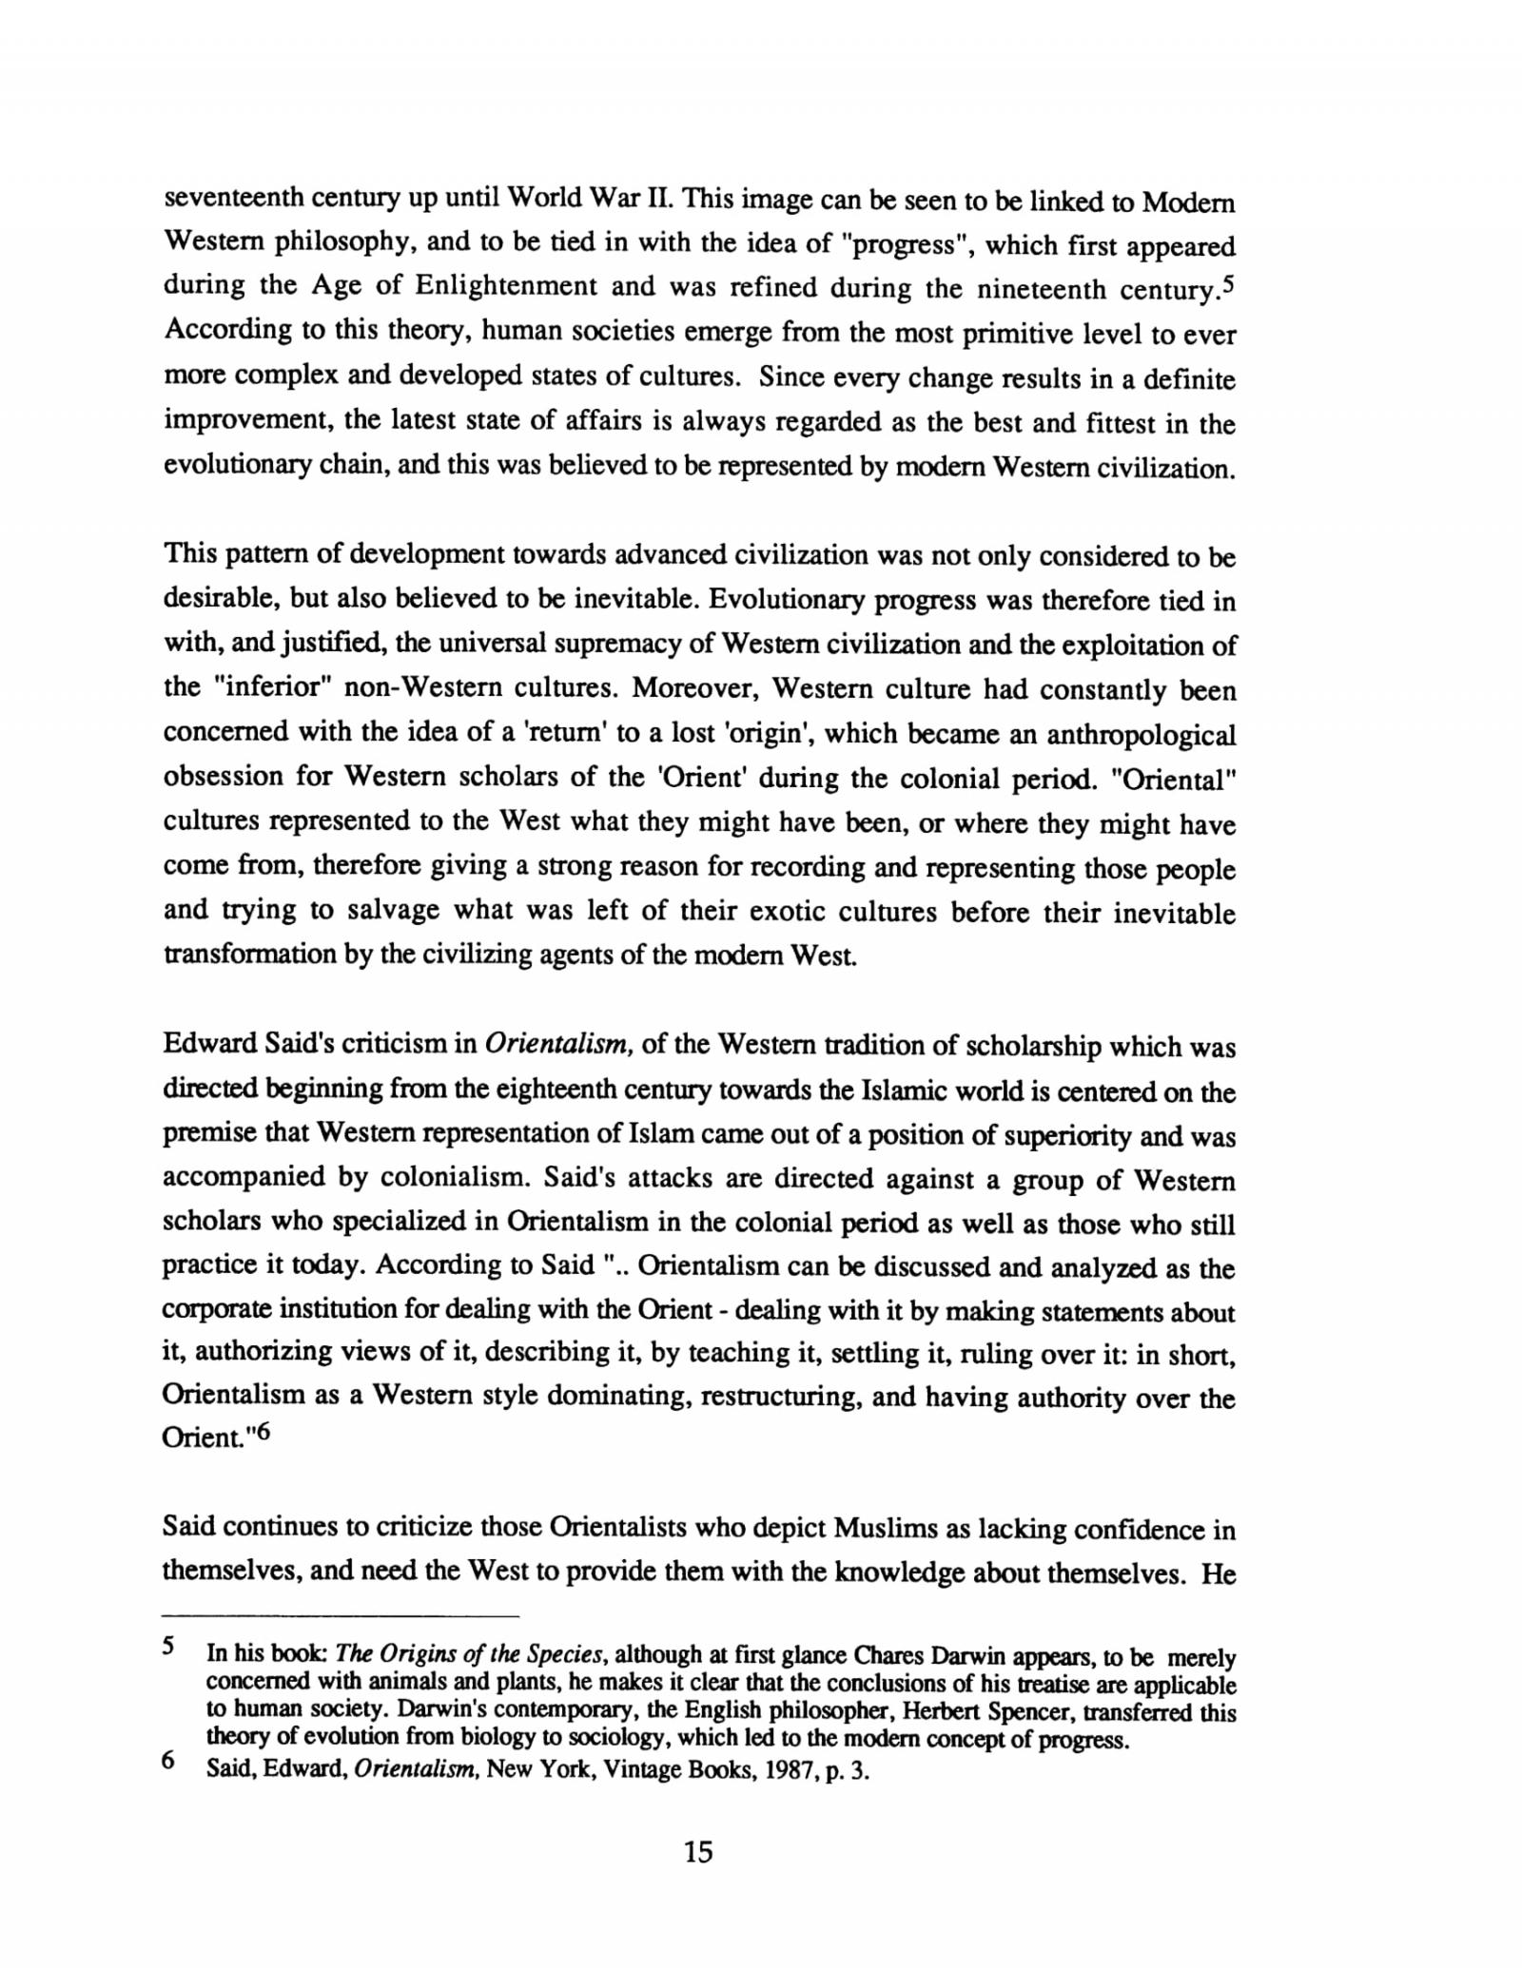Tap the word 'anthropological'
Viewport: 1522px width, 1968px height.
(1141, 735)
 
